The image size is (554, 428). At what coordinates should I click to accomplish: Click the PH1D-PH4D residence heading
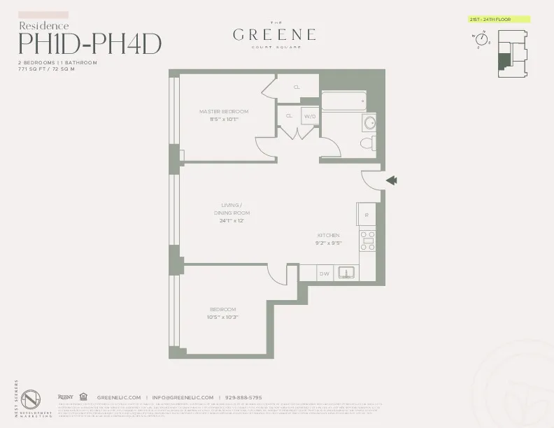tap(90, 43)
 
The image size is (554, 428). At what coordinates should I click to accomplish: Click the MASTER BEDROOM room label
tap(224, 111)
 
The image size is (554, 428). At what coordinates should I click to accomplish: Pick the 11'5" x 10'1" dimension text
tap(224, 119)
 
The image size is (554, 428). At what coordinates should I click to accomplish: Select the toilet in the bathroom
tap(366, 143)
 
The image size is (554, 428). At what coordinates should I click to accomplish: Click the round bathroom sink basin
tap(369, 124)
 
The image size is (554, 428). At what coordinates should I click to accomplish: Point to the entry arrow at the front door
tap(392, 181)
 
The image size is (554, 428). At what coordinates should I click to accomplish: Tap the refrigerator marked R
tap(367, 213)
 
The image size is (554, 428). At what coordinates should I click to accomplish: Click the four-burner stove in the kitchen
tap(368, 240)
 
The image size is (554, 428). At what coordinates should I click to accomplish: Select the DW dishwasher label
tap(325, 273)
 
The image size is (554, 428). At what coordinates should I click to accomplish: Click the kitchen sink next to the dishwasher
tap(346, 273)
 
